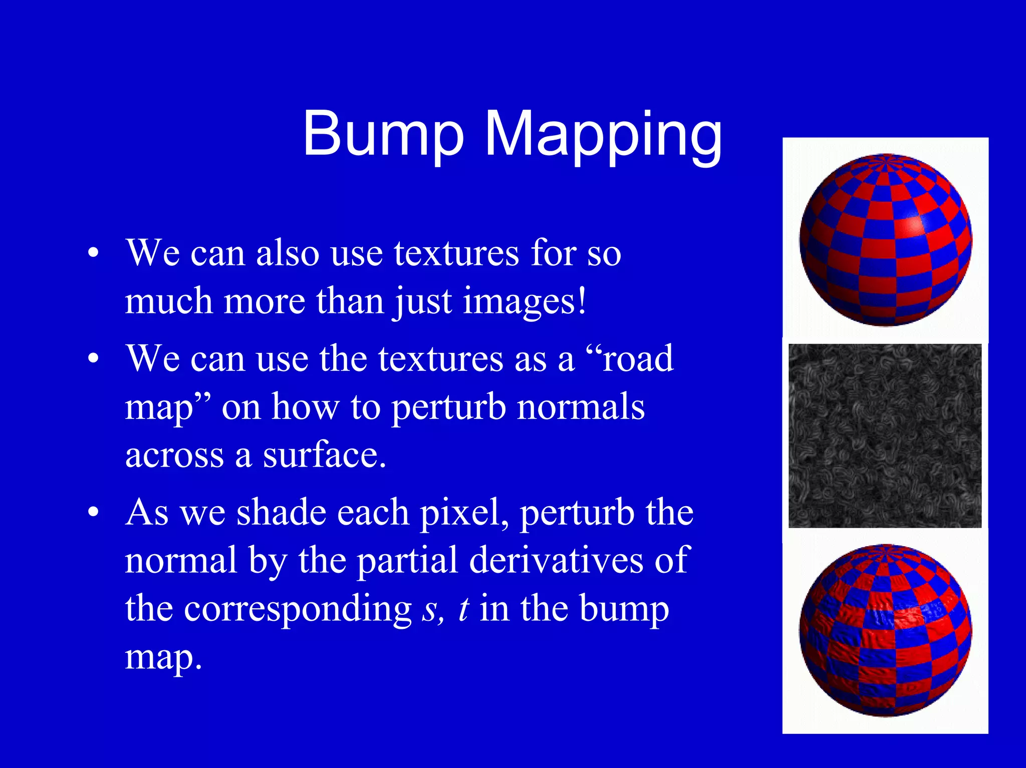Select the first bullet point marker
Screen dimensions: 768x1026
pos(93,253)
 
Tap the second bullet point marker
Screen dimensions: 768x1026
pos(93,359)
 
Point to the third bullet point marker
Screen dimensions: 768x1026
pos(93,513)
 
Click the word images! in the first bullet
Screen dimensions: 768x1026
pos(524,301)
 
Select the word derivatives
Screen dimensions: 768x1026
pos(556,561)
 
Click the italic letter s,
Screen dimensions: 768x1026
pos(432,609)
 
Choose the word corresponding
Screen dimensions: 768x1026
pos(298,610)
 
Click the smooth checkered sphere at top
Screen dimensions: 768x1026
pos(885,240)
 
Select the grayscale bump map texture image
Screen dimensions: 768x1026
pos(885,436)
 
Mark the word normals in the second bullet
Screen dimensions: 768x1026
pos(581,407)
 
